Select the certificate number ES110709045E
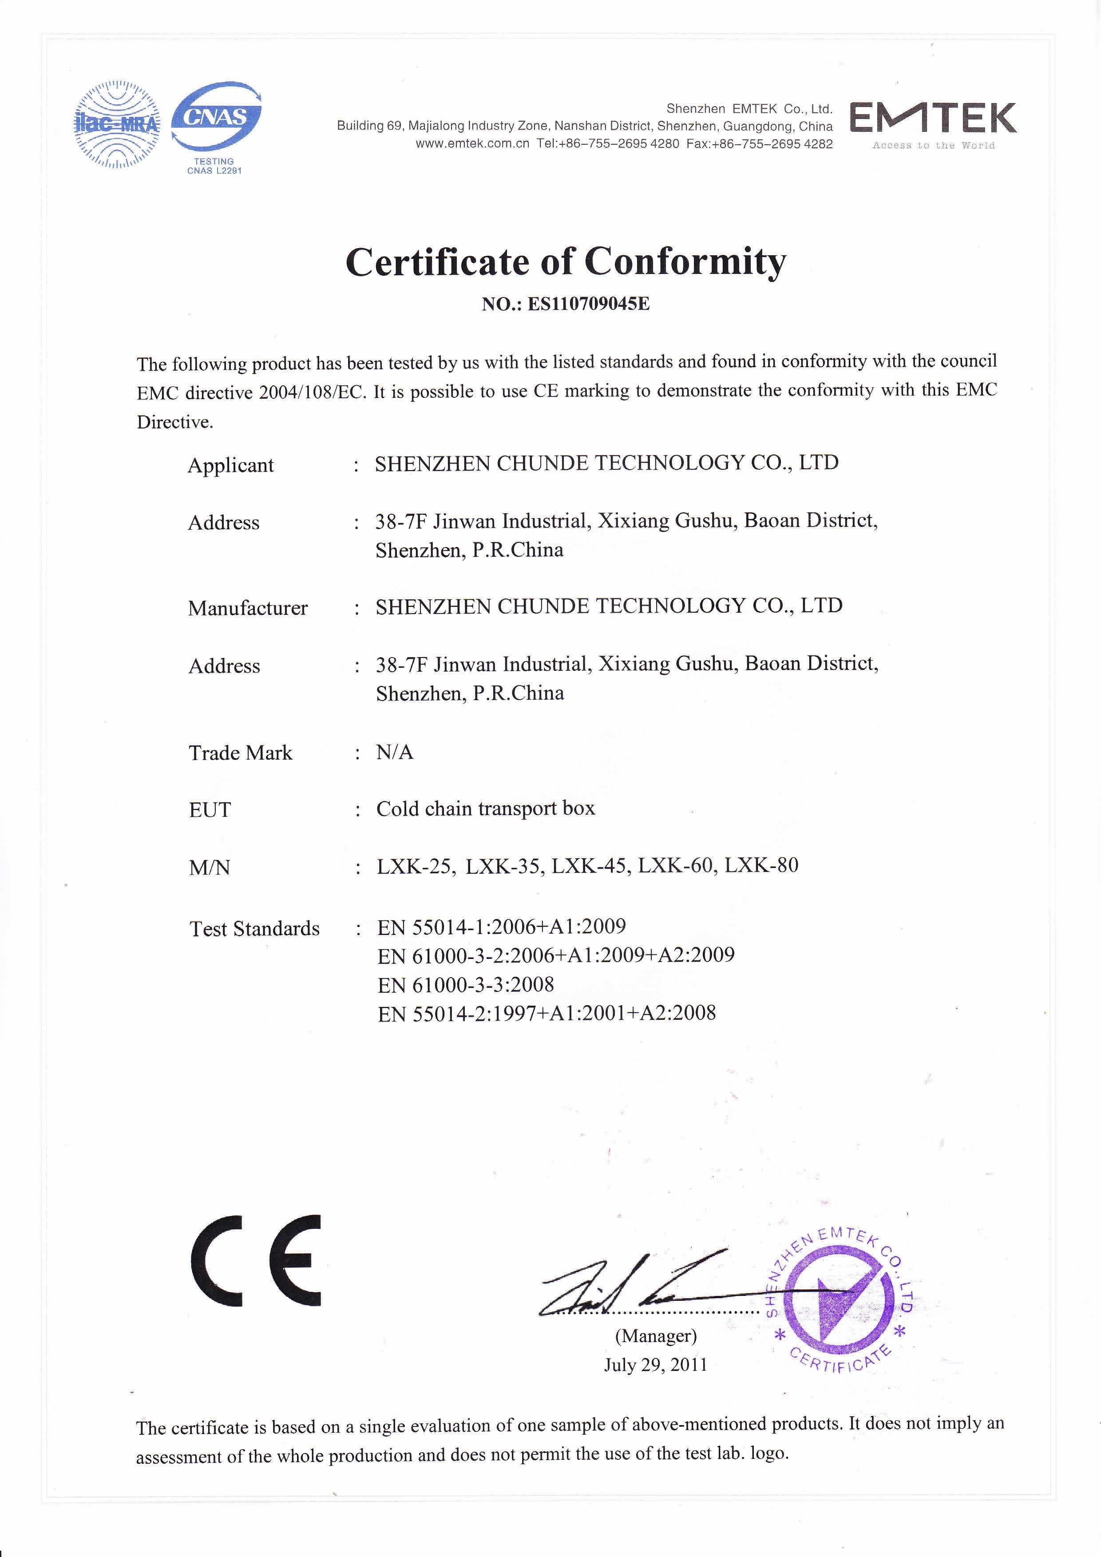(x=589, y=304)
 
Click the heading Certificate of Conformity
(x=566, y=262)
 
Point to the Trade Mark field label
(x=240, y=753)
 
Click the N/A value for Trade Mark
(x=395, y=752)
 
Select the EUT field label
(x=210, y=810)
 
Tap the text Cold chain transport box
(x=485, y=808)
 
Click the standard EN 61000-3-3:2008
(x=465, y=984)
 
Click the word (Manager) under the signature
(x=656, y=1336)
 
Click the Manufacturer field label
(x=247, y=608)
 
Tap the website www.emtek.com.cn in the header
(x=472, y=144)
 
